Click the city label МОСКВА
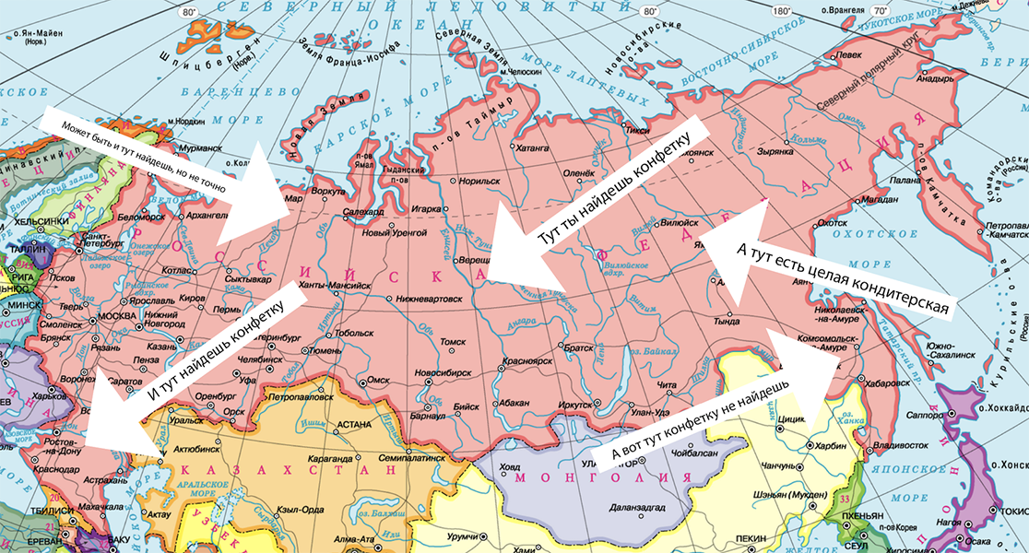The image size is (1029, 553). coord(117,317)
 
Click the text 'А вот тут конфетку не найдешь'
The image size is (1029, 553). coord(701,420)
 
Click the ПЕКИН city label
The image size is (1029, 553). coord(754,536)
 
